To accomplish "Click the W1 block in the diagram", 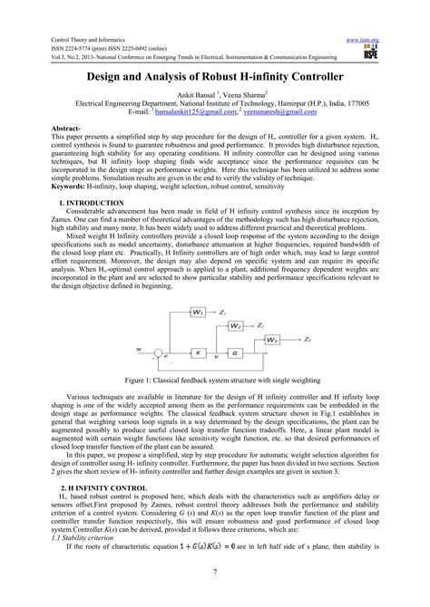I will (197, 313).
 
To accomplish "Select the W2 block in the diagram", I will (235, 325).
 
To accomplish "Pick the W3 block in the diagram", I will (272, 340).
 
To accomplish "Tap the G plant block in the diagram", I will (235, 353).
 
